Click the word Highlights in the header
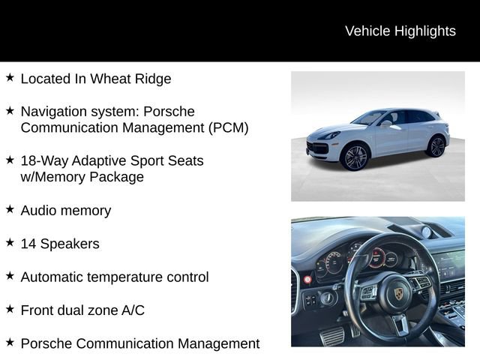click(424, 31)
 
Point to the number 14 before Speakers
click(28, 244)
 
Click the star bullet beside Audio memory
click(10, 209)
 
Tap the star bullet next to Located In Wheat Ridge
click(10, 77)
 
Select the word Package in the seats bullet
click(117, 177)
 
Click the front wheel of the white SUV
click(354, 157)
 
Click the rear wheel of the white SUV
click(436, 145)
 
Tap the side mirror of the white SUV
click(385, 123)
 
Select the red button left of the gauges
click(307, 279)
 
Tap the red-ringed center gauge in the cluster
click(375, 258)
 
